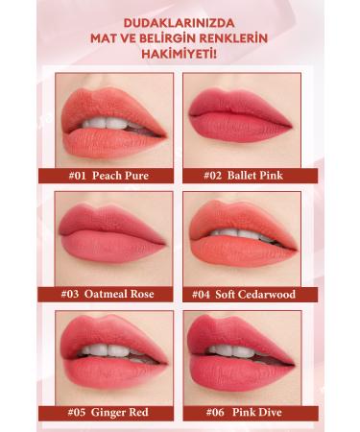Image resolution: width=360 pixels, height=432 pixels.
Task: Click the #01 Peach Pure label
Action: point(107,176)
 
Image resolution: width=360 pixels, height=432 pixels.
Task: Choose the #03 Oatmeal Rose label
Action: point(107,294)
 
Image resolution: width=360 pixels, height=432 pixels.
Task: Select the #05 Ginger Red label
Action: point(107,413)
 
